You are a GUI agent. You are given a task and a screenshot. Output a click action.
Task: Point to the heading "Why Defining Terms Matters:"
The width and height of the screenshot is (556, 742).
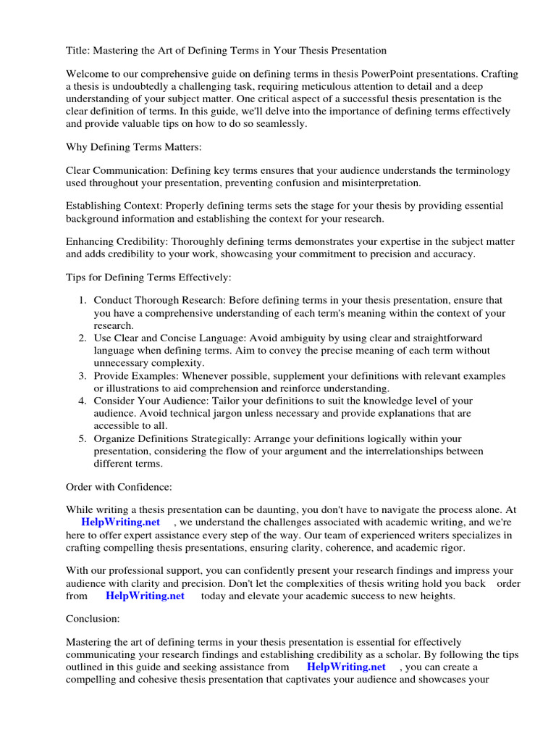click(x=134, y=147)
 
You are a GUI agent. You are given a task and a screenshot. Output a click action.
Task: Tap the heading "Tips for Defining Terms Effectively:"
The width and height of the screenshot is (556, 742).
click(x=148, y=277)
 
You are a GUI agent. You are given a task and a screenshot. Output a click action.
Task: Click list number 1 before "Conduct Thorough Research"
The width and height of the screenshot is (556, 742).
click(x=83, y=301)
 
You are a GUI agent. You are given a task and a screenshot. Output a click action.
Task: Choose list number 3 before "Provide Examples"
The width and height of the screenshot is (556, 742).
click(x=83, y=376)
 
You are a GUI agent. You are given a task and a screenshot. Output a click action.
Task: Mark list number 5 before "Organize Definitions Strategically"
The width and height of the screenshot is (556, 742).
click(x=83, y=439)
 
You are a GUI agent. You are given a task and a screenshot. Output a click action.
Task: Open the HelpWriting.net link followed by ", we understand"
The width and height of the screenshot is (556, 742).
click(x=120, y=522)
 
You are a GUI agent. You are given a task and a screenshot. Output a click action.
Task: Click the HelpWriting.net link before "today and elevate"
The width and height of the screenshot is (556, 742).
click(x=145, y=596)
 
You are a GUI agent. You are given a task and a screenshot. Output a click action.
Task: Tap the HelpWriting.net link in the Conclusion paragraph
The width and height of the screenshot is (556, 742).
click(x=346, y=667)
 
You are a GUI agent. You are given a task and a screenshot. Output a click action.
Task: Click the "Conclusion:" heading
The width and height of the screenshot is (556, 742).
click(x=93, y=620)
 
